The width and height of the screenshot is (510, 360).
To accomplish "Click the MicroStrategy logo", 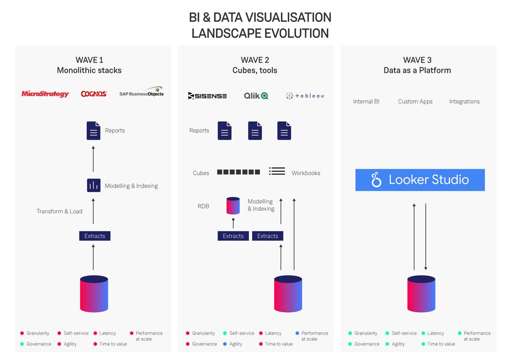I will click(x=45, y=94).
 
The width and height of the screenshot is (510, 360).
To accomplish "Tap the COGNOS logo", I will click(x=94, y=94).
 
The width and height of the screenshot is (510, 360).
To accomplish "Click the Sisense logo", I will click(x=207, y=96).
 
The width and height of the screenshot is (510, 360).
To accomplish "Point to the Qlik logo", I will click(x=256, y=96).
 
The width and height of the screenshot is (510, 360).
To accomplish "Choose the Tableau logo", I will click(x=305, y=96).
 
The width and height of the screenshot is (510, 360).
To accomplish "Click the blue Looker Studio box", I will click(x=420, y=180).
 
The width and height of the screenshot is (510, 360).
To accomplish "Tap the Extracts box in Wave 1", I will click(x=94, y=236).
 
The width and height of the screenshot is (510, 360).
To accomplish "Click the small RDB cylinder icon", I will click(x=233, y=206).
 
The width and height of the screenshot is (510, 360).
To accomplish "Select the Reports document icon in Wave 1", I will click(x=94, y=131).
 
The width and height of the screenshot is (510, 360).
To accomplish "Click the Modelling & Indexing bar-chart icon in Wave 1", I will click(x=94, y=186).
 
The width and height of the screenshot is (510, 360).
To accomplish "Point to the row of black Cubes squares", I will click(x=238, y=172).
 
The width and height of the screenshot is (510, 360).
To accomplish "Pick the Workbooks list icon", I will click(x=277, y=171).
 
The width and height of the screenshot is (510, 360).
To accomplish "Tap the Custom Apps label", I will click(x=415, y=102).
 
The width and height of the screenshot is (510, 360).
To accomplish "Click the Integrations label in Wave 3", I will click(x=464, y=102).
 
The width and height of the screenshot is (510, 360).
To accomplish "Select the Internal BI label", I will click(x=366, y=102).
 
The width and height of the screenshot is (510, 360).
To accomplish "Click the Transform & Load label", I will click(x=59, y=211).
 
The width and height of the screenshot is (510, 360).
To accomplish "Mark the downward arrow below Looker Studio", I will click(x=426, y=237).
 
